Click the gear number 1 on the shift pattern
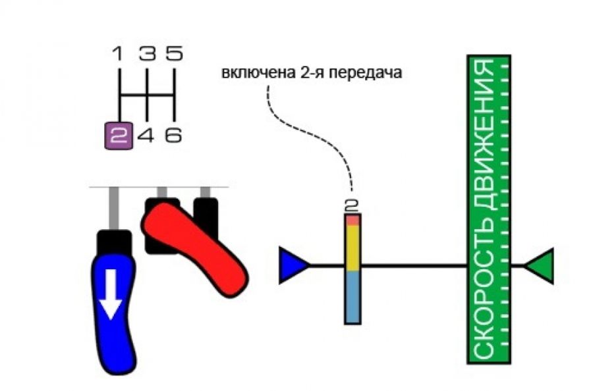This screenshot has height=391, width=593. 119,53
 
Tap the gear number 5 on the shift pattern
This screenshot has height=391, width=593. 173,53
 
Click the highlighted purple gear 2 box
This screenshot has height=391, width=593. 119,136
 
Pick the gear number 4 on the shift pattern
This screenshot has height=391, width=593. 146,136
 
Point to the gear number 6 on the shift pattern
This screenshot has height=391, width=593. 173,136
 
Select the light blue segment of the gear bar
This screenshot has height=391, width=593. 353,296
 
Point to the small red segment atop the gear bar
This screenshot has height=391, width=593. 353,220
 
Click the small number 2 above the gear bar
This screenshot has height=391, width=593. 351,205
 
